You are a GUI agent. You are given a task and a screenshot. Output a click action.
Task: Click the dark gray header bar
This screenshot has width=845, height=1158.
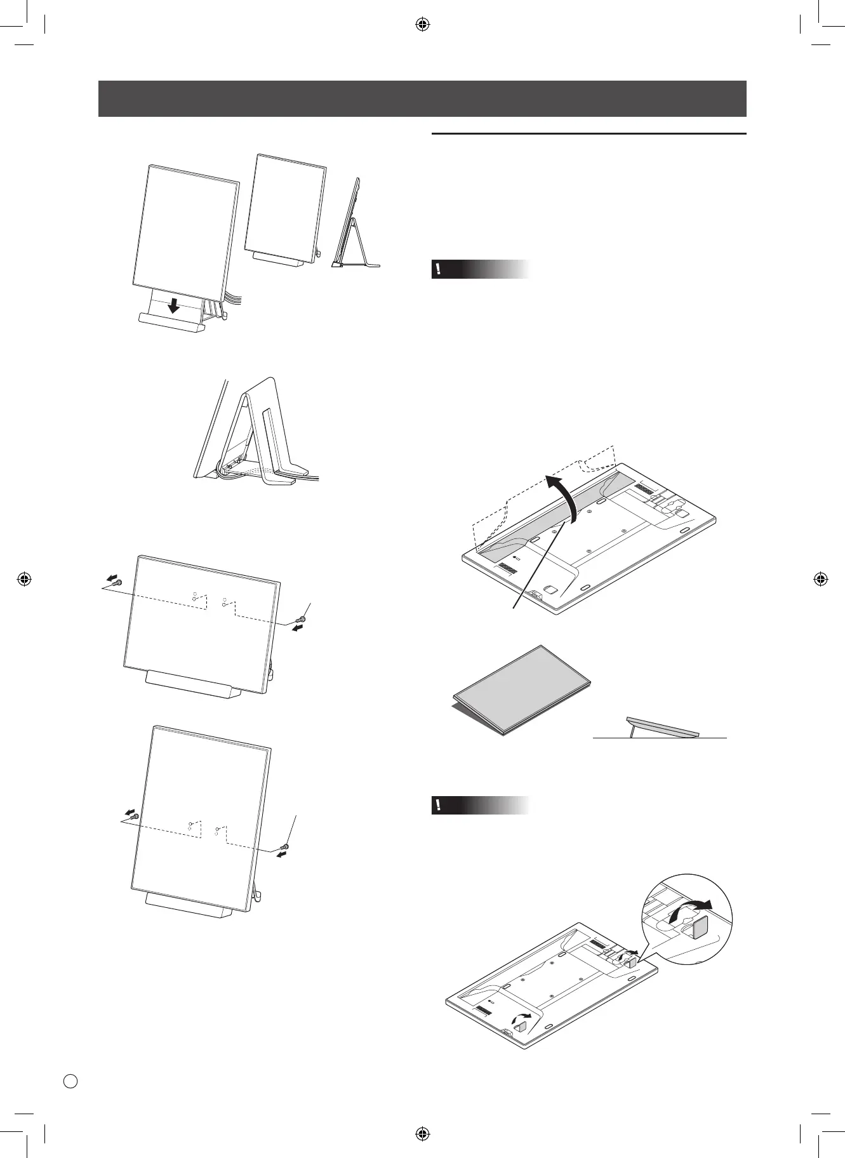click(422, 98)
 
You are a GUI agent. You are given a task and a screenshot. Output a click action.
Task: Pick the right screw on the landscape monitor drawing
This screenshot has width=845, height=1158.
click(302, 620)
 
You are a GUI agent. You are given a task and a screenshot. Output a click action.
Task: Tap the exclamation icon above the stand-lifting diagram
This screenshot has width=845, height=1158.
click(437, 269)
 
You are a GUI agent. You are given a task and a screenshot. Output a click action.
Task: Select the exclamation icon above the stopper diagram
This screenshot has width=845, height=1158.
click(437, 805)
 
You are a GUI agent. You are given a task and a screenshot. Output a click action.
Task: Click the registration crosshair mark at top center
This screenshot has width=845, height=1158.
click(422, 25)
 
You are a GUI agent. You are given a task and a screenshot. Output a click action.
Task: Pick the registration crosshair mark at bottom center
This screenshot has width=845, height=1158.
click(422, 1133)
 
